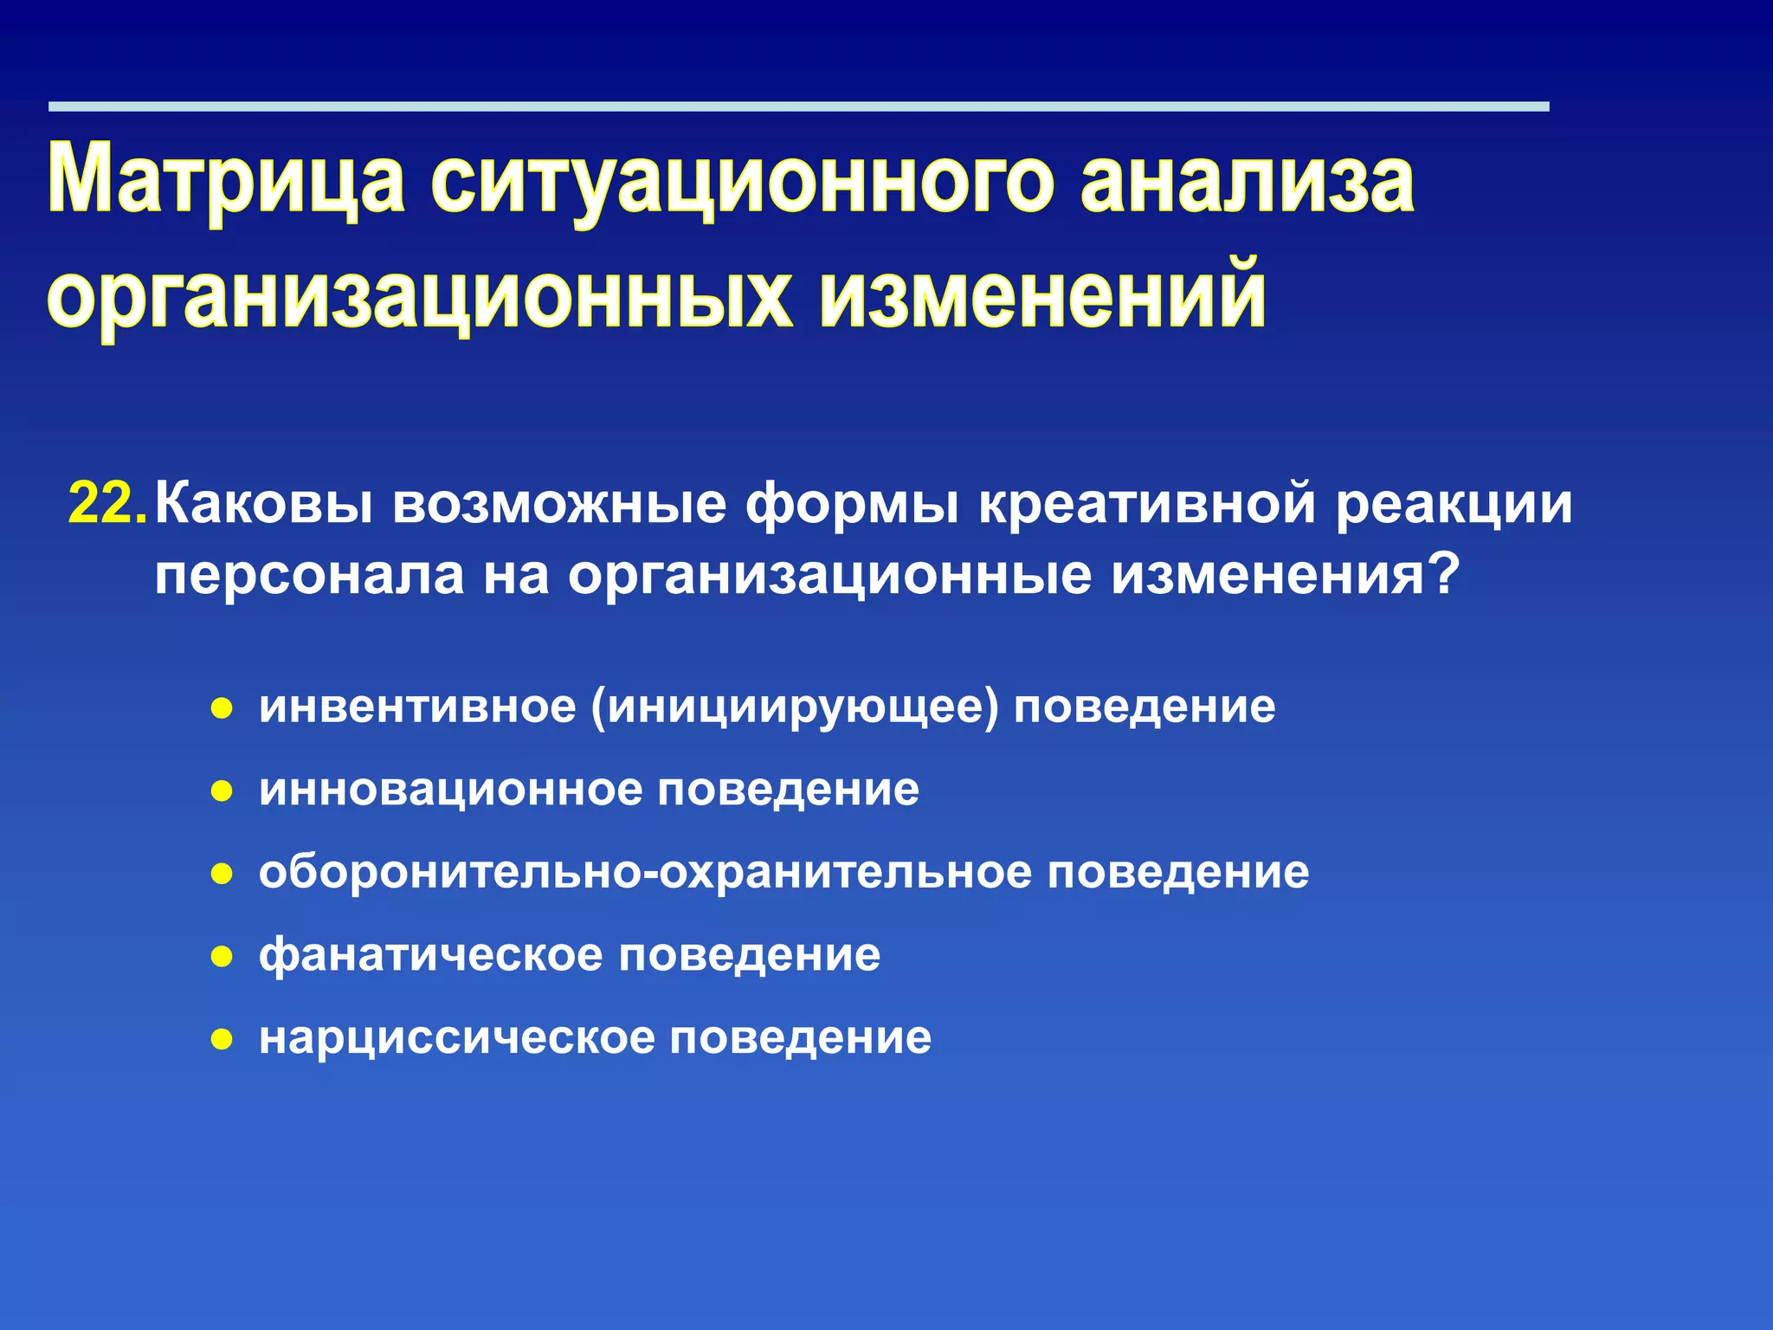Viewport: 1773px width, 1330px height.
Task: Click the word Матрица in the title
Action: tap(226, 179)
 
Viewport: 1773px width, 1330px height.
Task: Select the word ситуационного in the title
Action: tap(742, 179)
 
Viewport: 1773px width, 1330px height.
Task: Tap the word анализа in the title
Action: tap(1248, 179)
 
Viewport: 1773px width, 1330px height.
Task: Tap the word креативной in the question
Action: tap(1148, 504)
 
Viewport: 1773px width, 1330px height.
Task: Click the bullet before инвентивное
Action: tap(222, 709)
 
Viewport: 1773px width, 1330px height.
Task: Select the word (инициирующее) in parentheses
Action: tap(794, 707)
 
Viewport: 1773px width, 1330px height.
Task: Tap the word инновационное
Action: tap(450, 790)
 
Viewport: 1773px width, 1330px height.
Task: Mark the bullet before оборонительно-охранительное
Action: tap(222, 874)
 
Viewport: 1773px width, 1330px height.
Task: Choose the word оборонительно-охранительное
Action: tap(645, 872)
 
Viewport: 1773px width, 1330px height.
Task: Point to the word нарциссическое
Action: tap(456, 1038)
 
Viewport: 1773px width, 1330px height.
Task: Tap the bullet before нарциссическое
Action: tap(222, 1039)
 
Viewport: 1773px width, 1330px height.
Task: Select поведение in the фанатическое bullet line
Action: tap(749, 955)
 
